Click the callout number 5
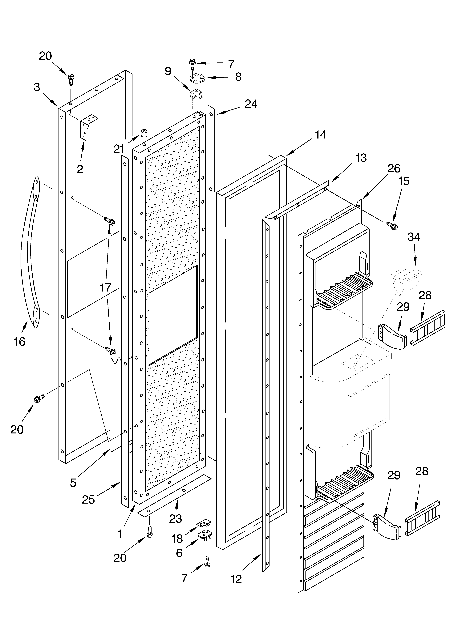pyautogui.click(x=73, y=483)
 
